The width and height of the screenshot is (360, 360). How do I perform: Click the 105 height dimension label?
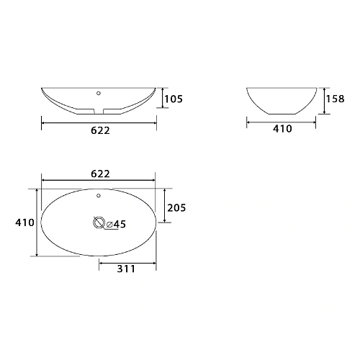(176, 99)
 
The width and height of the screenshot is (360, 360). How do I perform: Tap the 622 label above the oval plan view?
(100, 174)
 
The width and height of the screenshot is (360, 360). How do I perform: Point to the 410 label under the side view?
(282, 130)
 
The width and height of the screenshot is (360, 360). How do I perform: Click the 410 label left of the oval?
(24, 223)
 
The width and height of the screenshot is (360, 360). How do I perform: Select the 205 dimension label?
(176, 208)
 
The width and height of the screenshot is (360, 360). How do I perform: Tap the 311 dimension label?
(125, 269)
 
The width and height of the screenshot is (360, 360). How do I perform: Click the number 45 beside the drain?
(120, 225)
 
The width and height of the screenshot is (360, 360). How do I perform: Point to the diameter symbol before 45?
(109, 225)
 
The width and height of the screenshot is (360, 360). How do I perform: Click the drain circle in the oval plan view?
(99, 223)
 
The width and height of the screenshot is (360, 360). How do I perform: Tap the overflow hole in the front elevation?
(99, 94)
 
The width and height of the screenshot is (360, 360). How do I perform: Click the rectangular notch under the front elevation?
(99, 109)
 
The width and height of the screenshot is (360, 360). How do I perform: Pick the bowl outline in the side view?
(282, 101)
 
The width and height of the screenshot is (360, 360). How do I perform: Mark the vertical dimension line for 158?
(325, 100)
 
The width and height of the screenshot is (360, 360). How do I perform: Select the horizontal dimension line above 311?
(127, 261)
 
